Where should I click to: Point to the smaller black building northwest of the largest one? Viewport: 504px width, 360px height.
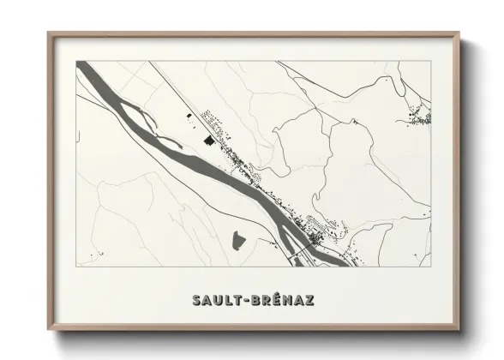click(190, 114)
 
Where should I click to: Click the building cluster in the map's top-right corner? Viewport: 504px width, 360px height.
click(419, 117)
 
